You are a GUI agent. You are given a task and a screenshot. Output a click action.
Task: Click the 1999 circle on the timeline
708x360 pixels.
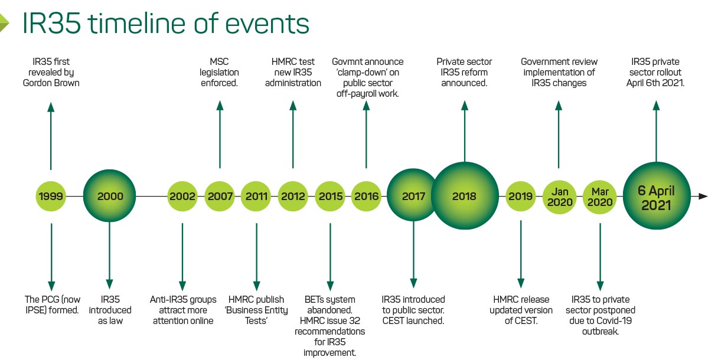(51, 197)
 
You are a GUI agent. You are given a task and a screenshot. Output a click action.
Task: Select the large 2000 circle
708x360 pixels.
(110, 197)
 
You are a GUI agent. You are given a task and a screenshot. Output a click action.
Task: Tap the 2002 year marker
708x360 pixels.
(182, 197)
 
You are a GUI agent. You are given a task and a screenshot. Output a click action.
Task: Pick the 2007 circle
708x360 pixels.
(220, 197)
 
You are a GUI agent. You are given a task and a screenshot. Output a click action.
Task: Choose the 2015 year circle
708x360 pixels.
(329, 197)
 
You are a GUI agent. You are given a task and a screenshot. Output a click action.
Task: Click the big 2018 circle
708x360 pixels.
(465, 197)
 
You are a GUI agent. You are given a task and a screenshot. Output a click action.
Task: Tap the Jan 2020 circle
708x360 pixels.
(559, 197)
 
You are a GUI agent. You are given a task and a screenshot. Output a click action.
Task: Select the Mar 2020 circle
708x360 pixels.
(600, 197)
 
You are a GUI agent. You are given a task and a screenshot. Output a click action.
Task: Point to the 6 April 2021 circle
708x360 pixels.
(657, 197)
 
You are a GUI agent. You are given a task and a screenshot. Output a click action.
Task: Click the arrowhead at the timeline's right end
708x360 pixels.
(703, 197)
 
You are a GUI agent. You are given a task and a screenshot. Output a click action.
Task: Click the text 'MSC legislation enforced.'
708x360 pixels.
(219, 72)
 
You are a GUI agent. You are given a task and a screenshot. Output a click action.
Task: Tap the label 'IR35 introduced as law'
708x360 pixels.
(110, 310)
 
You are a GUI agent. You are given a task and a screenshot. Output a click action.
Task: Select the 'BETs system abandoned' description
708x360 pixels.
(329, 305)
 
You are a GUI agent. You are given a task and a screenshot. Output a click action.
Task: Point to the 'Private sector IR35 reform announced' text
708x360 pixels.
(464, 72)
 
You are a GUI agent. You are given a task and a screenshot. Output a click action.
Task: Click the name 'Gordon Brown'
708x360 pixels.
(51, 83)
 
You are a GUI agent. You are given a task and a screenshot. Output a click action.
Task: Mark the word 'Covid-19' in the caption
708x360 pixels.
(617, 320)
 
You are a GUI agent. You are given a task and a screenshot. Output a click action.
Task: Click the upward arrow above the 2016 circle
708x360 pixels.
(366, 135)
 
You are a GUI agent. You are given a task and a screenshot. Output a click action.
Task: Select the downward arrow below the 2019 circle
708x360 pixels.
(521, 254)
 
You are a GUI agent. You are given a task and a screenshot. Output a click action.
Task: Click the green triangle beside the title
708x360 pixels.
(4, 22)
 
